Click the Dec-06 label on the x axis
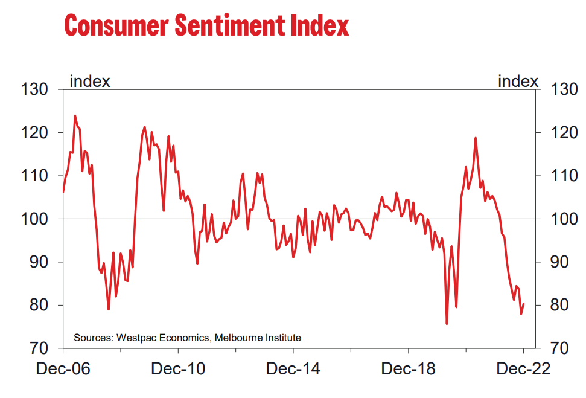coord(63,369)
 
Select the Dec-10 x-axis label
coord(179,369)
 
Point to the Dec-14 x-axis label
coord(293,369)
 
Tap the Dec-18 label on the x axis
coord(409,369)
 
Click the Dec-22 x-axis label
coord(524,369)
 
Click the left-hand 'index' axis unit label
coord(90,81)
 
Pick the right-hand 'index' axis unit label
coord(518,81)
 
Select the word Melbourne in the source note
coord(239,338)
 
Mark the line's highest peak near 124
coord(75,115)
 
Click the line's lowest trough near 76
coord(447,324)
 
